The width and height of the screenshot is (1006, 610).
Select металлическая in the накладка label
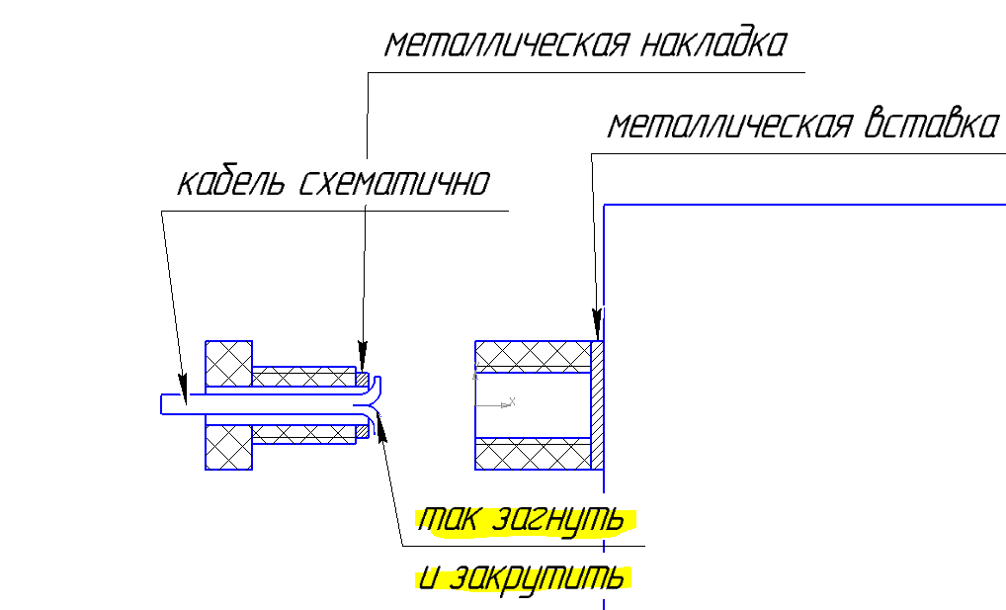[505, 44]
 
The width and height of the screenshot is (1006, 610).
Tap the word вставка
[930, 126]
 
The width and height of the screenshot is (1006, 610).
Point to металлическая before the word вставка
[729, 126]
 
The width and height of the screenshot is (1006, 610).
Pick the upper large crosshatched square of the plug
[228, 363]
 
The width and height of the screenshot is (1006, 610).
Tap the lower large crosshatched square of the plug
[228, 446]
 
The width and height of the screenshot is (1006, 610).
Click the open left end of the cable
[164, 403]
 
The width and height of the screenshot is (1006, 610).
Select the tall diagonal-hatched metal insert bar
[597, 404]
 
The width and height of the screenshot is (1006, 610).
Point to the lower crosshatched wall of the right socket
[533, 454]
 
